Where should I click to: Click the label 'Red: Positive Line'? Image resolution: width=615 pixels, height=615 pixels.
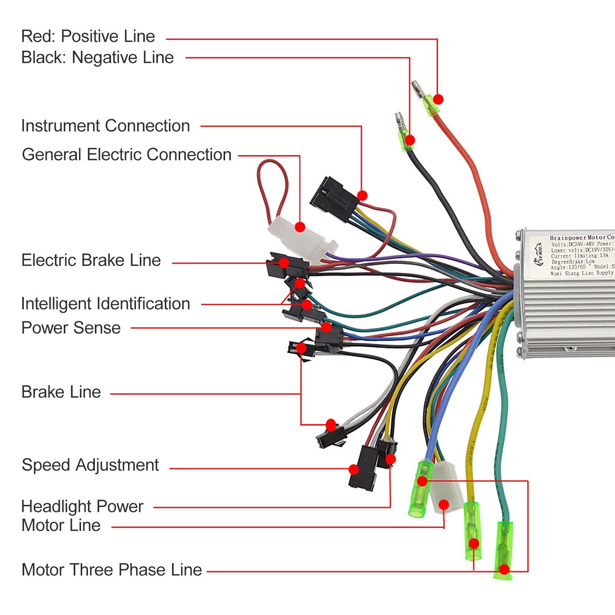pos(88,36)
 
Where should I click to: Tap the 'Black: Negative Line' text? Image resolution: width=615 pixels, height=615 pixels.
pos(97,58)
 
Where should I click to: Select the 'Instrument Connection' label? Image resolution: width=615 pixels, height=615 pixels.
pos(105,126)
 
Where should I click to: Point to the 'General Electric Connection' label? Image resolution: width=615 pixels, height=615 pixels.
pos(127,155)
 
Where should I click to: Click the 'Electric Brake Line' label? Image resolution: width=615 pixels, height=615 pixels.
pos(91,260)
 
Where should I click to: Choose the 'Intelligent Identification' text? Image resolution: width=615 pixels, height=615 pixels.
pos(106,304)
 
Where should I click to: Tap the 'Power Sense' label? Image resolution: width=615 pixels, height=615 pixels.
pos(71,328)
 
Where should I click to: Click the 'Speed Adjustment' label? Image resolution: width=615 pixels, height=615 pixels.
pos(90,465)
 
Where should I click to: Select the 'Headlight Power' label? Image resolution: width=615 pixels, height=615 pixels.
pos(82,507)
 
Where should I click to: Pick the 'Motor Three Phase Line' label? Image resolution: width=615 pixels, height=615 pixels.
pos(112,570)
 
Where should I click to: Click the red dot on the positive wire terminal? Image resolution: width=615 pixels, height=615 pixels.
pos(438,99)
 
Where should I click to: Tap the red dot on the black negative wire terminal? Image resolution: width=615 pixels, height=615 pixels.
pos(410,140)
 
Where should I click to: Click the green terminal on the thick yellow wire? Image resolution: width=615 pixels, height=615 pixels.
pos(472,532)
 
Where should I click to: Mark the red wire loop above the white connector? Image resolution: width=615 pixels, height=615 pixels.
pos(272,184)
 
